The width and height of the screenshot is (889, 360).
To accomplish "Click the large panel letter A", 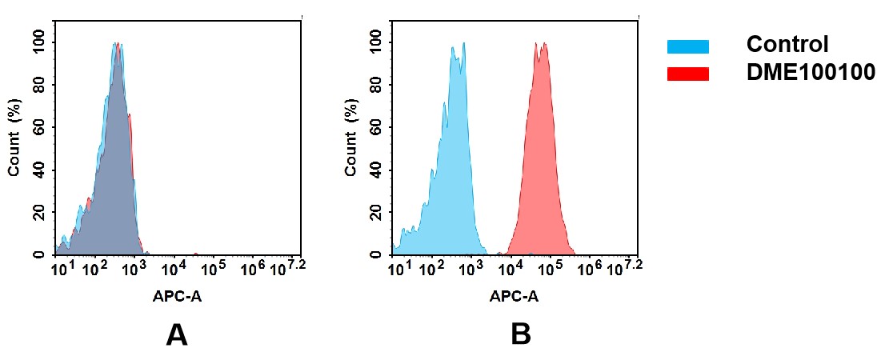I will [176, 334].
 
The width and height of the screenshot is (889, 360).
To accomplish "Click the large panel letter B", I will [520, 334].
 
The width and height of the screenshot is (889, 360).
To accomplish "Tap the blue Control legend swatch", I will [687, 47].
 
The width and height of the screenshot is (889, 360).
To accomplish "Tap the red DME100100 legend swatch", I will [687, 74].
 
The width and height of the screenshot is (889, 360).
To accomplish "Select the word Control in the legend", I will [787, 45].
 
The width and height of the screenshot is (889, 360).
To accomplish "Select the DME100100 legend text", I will [811, 73].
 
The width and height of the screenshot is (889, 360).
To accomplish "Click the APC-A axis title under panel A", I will [177, 296].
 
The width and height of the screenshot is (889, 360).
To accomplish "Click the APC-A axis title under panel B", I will [514, 296].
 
